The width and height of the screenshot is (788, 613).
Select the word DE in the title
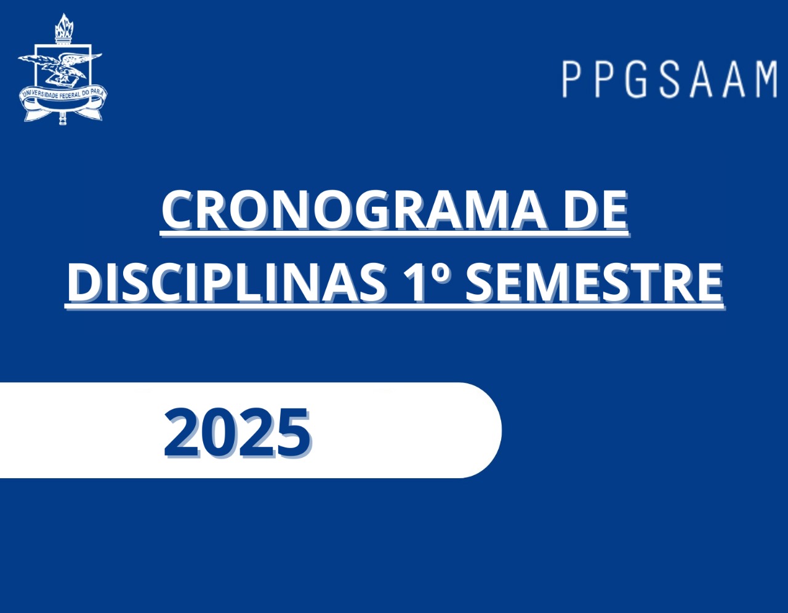tap(595, 210)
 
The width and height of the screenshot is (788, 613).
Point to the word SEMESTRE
tap(594, 282)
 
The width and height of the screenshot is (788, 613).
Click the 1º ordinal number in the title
tap(427, 282)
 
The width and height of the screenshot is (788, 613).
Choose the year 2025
tap(237, 433)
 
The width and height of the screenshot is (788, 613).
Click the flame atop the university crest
tap(64, 25)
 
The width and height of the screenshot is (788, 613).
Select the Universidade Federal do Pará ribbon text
tap(63, 93)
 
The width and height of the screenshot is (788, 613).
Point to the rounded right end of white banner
tap(502, 430)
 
